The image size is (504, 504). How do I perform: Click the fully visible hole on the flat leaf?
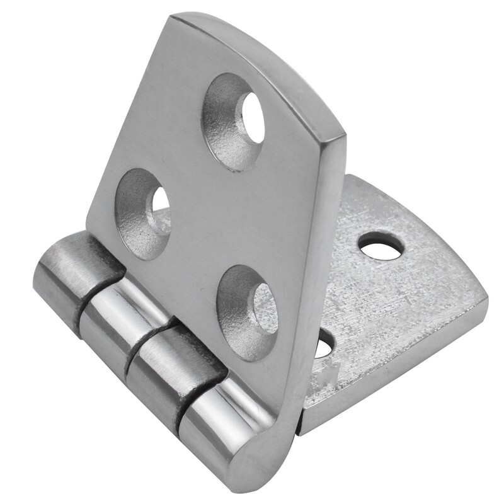click(x=381, y=246)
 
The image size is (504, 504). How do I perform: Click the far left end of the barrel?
click(x=39, y=280)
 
